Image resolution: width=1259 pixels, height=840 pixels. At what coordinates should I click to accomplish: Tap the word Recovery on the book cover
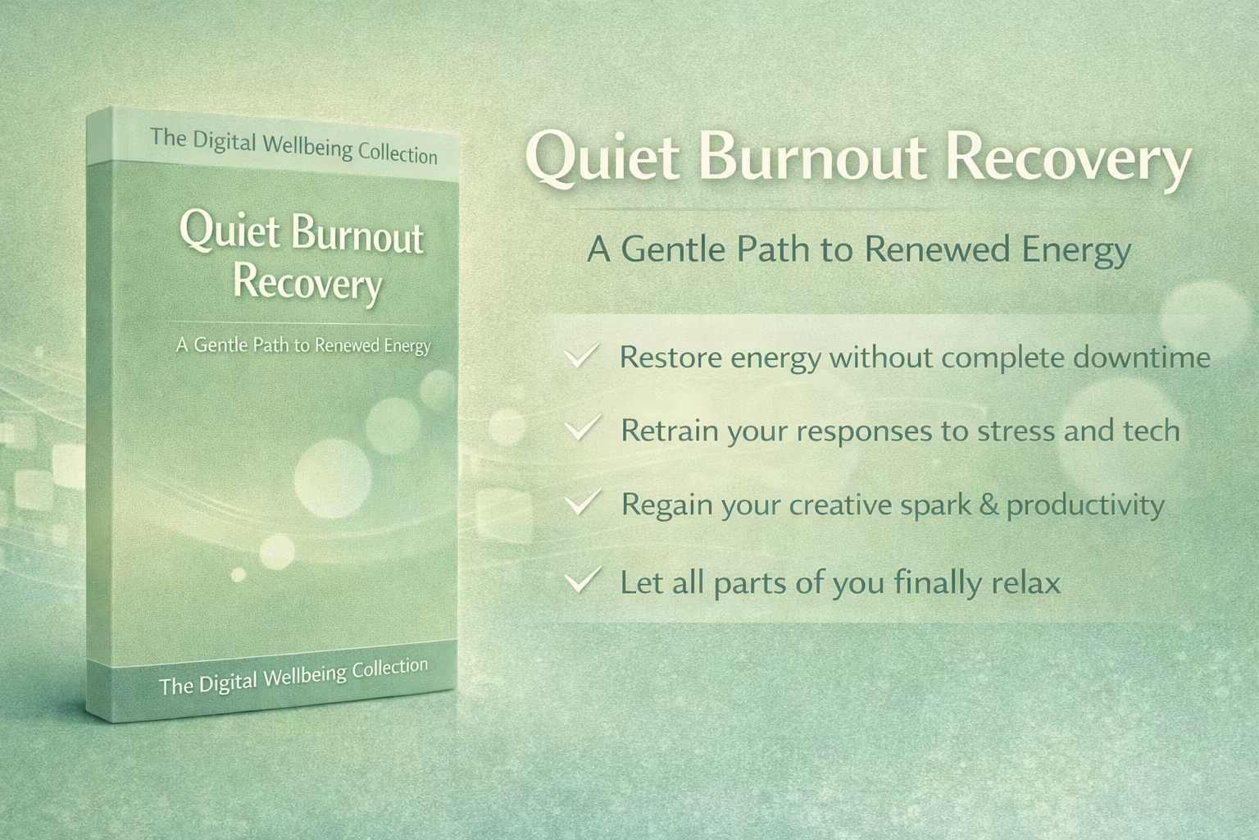click(307, 284)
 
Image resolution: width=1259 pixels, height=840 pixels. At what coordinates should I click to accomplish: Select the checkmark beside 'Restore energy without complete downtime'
click(581, 356)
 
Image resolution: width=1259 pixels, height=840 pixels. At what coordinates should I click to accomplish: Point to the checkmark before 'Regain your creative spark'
click(582, 502)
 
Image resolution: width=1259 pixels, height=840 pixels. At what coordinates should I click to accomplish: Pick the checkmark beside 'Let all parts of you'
click(582, 580)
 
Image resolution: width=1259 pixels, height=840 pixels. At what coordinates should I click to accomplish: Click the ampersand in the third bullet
click(989, 504)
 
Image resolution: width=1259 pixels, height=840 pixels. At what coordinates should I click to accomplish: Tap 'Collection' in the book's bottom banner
click(389, 668)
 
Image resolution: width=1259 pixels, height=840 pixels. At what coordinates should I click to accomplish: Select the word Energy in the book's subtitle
click(407, 345)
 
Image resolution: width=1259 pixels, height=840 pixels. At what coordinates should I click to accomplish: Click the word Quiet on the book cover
click(230, 231)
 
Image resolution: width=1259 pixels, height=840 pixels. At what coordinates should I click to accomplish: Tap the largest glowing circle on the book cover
click(333, 479)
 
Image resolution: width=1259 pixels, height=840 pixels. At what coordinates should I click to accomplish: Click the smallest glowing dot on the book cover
click(239, 574)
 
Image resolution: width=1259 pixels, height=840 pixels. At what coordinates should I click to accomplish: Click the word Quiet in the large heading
click(602, 158)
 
